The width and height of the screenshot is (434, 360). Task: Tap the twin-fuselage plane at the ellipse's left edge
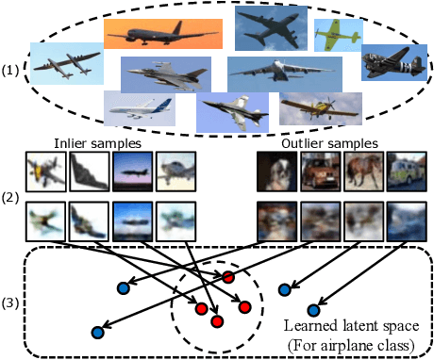click(x=70, y=64)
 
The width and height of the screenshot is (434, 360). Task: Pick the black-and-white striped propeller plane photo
click(x=395, y=62)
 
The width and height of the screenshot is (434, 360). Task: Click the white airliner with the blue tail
click(x=140, y=108)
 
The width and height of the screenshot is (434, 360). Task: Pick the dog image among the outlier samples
click(x=275, y=173)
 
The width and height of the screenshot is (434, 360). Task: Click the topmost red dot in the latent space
click(x=227, y=276)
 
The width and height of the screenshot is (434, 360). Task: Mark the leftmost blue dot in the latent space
click(x=97, y=332)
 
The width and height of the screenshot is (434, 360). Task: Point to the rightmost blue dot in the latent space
click(x=313, y=308)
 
